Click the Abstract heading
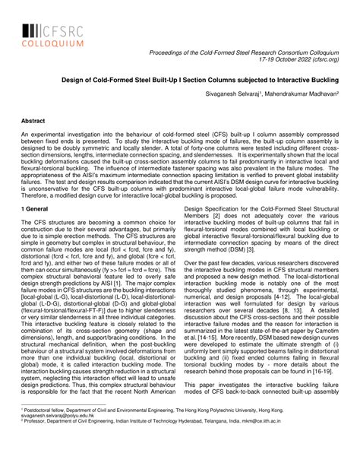pyautogui.click(x=34, y=120)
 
